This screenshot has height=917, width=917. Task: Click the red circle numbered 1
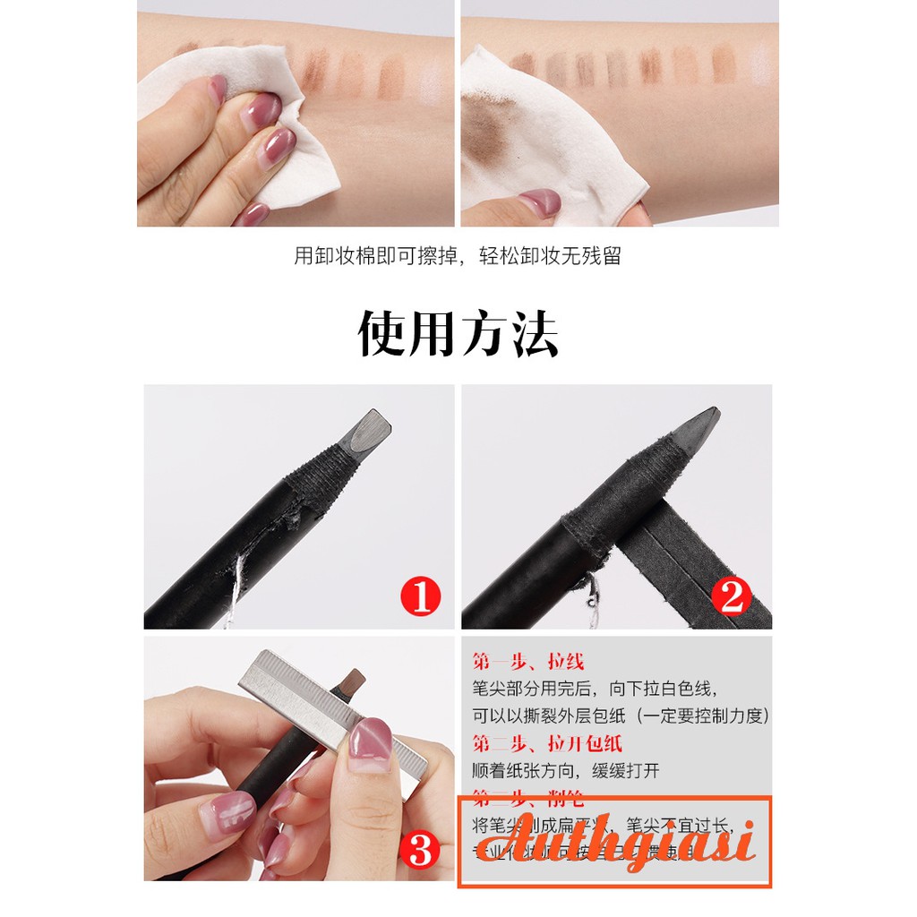(x=421, y=597)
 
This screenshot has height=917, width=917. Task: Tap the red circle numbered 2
(x=732, y=597)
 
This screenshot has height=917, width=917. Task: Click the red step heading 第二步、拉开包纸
(x=546, y=742)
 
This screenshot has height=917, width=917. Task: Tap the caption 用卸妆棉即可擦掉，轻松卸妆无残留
(x=458, y=256)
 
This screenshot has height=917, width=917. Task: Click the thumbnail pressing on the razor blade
(x=371, y=736)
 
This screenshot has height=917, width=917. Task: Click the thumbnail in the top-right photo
(x=537, y=201)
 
